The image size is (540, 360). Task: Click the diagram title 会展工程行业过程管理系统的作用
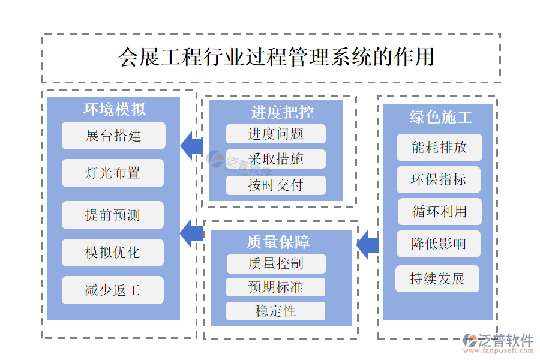[276, 58]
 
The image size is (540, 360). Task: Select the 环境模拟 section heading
[114, 109]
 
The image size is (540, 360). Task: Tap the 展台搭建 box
[113, 136]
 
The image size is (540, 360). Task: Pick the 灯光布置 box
[113, 173]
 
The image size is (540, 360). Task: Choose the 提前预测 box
[113, 215]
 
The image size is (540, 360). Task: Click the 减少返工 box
[113, 290]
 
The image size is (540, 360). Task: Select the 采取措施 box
[276, 159]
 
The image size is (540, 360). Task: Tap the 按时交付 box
[276, 185]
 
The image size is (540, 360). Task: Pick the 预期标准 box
[276, 287]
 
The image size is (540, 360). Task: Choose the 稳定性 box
[276, 311]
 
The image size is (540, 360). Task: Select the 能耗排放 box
[439, 147]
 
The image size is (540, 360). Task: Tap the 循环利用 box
[439, 211]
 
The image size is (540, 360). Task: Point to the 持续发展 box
[437, 279]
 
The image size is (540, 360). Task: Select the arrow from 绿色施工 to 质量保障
[367, 245]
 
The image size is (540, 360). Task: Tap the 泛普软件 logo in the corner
[498, 343]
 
